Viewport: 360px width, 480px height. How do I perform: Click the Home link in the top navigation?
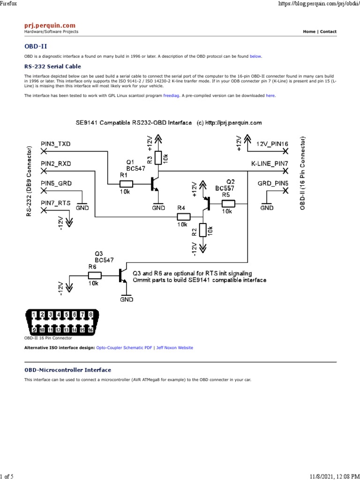pos(309,32)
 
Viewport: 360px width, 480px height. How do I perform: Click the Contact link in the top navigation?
pos(328,32)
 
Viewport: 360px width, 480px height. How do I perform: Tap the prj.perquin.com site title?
pos(50,25)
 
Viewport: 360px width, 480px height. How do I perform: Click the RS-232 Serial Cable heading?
pos(52,67)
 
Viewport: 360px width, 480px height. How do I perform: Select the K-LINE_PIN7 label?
pos(270,163)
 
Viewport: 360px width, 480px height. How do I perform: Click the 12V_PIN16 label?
pos(272,143)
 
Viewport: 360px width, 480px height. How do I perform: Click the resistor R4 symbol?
pos(183,217)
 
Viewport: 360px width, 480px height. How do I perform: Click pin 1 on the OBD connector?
pos(34,315)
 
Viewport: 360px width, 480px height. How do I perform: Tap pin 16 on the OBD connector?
pos(90,330)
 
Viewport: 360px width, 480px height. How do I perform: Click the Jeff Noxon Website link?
pos(175,348)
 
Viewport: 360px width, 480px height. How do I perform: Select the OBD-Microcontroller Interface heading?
pos(67,370)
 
